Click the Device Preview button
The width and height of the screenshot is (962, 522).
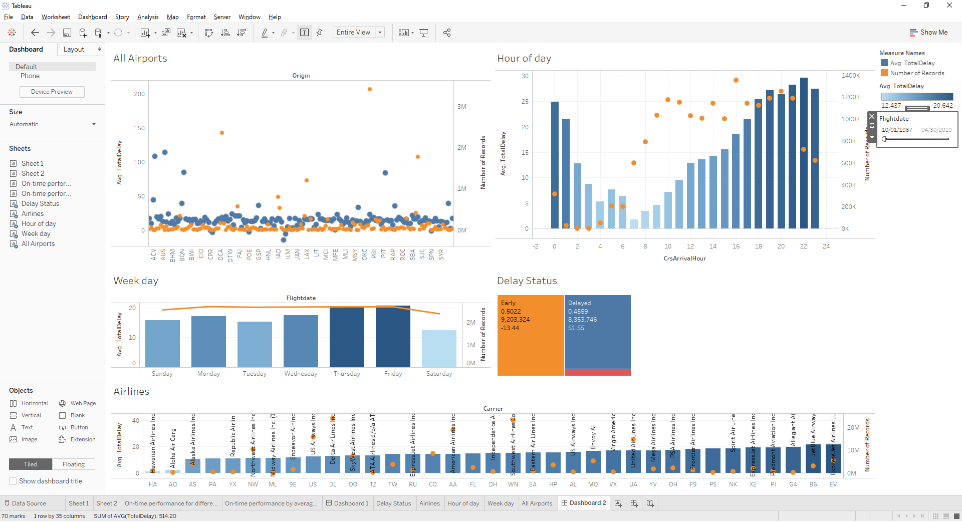pos(52,92)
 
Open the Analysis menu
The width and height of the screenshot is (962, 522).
pos(148,17)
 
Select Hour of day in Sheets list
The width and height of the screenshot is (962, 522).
pos(39,224)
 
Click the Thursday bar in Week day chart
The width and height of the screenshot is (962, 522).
pos(347,338)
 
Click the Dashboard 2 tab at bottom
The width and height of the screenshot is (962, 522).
pos(584,503)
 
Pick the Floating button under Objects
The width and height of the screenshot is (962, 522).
pos(74,464)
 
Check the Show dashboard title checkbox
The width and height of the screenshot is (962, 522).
pos(13,481)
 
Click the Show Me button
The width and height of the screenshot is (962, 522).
pos(928,32)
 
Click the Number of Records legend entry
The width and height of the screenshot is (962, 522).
pos(916,73)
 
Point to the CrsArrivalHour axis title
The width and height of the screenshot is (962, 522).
pos(684,258)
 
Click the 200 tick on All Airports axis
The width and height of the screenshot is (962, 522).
pos(139,94)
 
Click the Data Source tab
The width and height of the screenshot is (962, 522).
pos(29,503)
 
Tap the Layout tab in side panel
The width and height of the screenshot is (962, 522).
pos(74,49)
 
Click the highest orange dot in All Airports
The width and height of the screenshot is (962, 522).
pos(370,89)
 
